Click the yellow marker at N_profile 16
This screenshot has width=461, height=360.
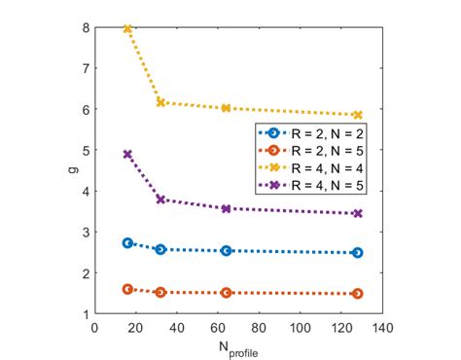(127, 29)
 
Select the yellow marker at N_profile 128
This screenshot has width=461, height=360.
(358, 115)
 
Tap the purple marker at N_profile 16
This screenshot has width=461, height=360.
(127, 154)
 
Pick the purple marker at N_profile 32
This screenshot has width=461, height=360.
(160, 199)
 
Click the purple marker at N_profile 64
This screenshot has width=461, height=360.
(227, 208)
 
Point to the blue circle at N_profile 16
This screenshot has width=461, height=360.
(127, 242)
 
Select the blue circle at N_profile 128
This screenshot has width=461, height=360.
(358, 252)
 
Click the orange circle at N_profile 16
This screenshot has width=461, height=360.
(127, 289)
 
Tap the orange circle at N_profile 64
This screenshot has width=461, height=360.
(227, 292)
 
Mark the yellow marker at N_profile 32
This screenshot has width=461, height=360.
(160, 102)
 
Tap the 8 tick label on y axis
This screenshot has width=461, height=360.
(86, 27)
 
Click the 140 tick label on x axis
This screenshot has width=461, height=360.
(382, 327)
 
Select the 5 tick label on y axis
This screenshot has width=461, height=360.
(86, 150)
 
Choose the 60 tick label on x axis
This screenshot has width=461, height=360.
(218, 327)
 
